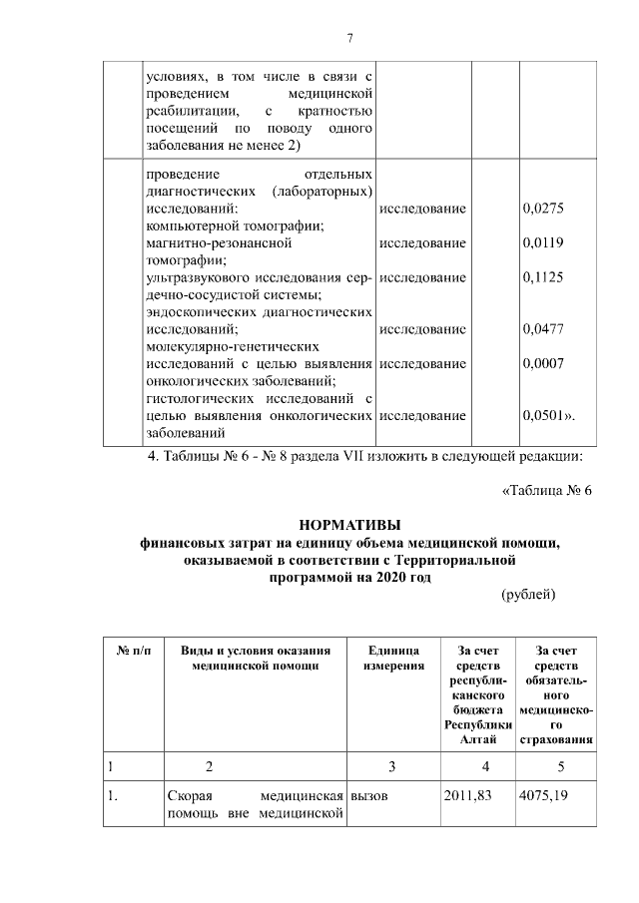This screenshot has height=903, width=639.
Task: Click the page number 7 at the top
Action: [349, 38]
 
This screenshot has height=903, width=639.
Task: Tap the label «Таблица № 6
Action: [545, 490]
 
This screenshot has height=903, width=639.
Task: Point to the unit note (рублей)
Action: [527, 595]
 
